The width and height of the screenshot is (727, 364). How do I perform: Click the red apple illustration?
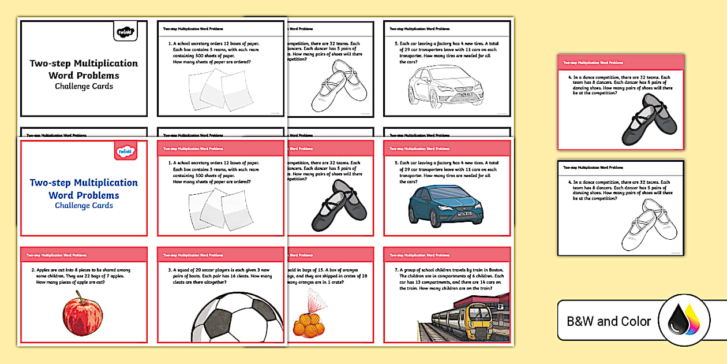83,317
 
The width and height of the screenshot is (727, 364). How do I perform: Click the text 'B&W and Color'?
608,321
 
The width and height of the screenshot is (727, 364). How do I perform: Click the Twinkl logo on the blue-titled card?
122,152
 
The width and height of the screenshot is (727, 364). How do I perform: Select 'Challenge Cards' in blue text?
84,206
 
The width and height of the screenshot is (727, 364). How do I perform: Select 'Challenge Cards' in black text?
84,87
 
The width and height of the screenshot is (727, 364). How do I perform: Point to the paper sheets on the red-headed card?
220,208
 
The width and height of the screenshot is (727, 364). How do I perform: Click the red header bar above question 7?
447,255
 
